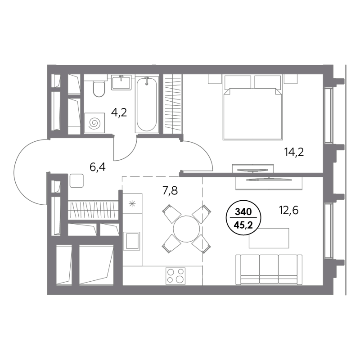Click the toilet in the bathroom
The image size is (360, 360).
click(99, 89)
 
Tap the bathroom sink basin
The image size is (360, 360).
click(121, 82)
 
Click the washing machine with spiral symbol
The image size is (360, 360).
click(94, 123)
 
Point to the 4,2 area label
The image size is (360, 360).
click(119, 112)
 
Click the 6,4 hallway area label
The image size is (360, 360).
click(98, 167)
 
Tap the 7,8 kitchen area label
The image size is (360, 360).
click(170, 190)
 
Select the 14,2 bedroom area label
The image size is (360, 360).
click(294, 152)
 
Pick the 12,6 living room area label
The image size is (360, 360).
click(289, 210)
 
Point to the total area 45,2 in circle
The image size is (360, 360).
click(243, 225)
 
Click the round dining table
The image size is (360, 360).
click(186, 229)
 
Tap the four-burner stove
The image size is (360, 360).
click(175, 276)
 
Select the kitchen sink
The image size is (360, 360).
click(131, 241)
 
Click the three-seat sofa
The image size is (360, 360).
click(269, 270)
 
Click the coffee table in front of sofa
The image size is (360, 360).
click(269, 238)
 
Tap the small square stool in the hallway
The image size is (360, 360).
click(76, 181)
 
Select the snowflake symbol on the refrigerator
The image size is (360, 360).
click(132, 204)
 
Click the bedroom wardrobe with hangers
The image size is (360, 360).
click(173, 104)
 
